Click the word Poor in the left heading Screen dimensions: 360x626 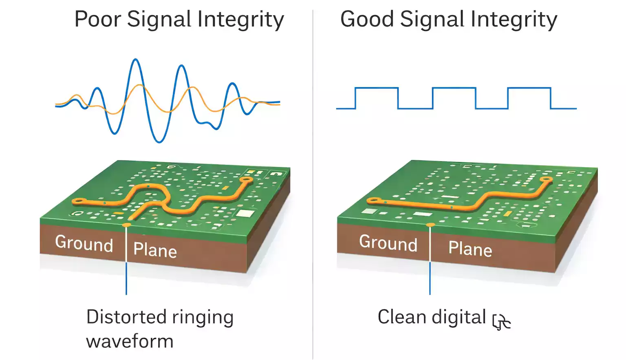[x=98, y=19]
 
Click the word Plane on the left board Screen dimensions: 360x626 [x=155, y=250]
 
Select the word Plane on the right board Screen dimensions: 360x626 [x=470, y=248]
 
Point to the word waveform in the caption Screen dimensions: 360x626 [x=130, y=341]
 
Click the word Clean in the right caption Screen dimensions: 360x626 [x=401, y=317]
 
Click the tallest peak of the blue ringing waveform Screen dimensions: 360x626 [x=135, y=60]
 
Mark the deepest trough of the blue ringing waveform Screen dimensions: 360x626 [x=159, y=142]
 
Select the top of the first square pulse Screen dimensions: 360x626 [x=376, y=88]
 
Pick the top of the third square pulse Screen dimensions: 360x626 [x=529, y=88]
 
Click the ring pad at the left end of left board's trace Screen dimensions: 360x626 [x=78, y=201]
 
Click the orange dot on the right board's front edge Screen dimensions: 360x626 [x=430, y=225]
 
